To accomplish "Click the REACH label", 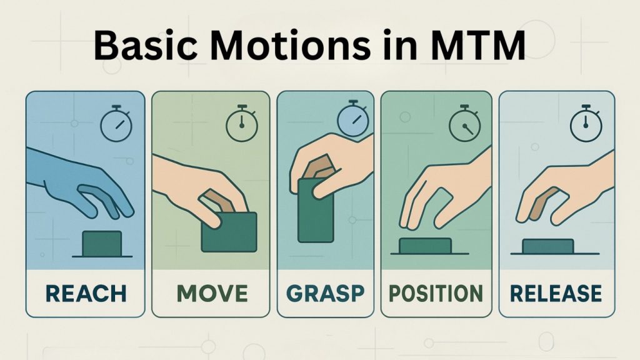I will tap(85, 292).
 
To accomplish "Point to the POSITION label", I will tap(436, 292).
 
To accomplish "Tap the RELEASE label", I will tap(556, 292).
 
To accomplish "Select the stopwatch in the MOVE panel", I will tap(237, 125).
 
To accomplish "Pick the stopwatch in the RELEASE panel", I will tap(585, 124).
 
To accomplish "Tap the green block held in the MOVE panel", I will tap(229, 232).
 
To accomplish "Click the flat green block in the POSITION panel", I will tap(425, 246).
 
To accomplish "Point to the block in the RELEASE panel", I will tap(547, 247).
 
